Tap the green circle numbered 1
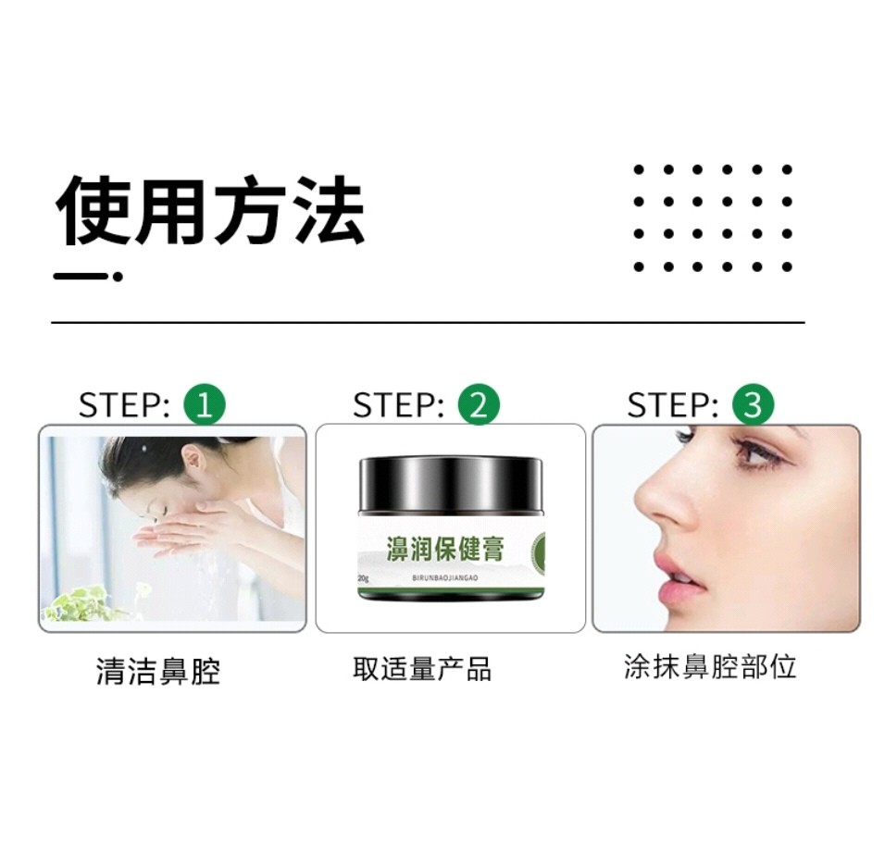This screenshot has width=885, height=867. click(x=205, y=404)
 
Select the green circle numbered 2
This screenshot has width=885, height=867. click(x=479, y=404)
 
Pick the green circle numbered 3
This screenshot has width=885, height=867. click(x=753, y=404)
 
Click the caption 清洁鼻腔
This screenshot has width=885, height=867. click(x=158, y=671)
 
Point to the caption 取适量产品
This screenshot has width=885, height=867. click(x=422, y=669)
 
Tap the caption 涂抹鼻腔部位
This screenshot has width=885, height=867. click(x=710, y=667)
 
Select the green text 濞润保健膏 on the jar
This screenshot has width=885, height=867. click(x=445, y=549)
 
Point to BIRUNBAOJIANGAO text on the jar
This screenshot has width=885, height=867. click(x=446, y=578)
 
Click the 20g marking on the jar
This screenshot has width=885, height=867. click(x=363, y=578)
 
